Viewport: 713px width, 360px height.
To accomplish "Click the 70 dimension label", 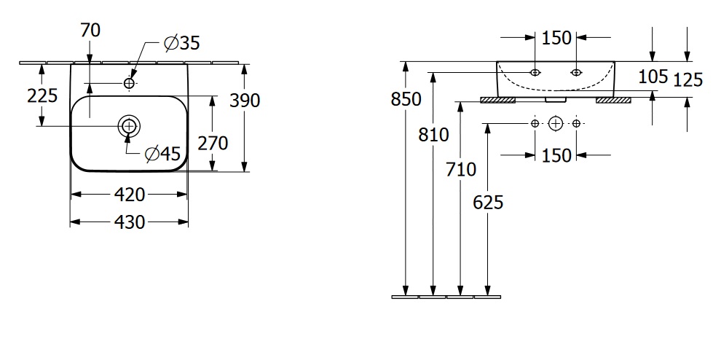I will pyautogui.click(x=91, y=30).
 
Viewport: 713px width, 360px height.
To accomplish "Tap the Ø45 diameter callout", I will pyautogui.click(x=162, y=153).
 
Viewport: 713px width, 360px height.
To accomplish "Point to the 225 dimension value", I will pyautogui.click(x=42, y=95).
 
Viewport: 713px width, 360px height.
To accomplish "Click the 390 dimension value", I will pyautogui.click(x=245, y=100).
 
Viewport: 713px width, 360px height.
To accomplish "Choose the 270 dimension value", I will pyautogui.click(x=213, y=143).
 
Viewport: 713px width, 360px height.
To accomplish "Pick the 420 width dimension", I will pyautogui.click(x=130, y=194).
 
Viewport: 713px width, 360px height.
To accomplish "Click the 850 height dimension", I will pyautogui.click(x=406, y=99).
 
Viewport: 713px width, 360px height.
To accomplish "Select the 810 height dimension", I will pyautogui.click(x=434, y=134).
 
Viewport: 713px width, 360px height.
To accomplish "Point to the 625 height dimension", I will pyautogui.click(x=488, y=202).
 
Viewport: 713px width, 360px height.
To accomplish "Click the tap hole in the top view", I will pyautogui.click(x=130, y=84).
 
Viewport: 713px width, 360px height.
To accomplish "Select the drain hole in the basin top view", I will pyautogui.click(x=130, y=126).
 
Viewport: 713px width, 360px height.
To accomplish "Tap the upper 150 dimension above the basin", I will pyautogui.click(x=556, y=38).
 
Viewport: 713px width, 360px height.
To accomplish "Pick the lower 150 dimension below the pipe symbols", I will pyautogui.click(x=556, y=154).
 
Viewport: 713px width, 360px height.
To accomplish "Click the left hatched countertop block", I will pyautogui.click(x=498, y=100).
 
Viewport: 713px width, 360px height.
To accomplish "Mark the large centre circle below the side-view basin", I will pyautogui.click(x=556, y=123).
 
